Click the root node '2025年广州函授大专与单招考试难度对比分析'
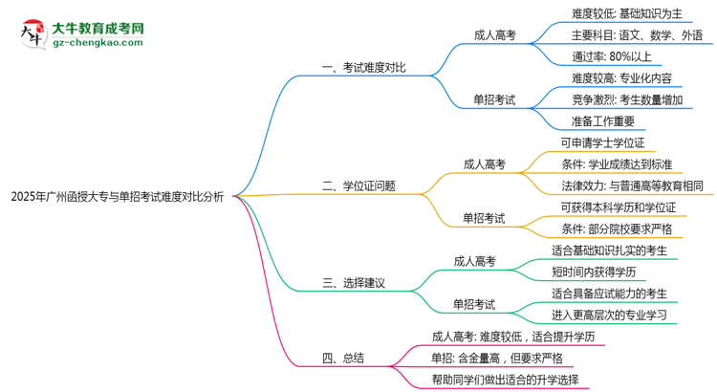pyautogui.click(x=117, y=198)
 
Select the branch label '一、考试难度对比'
pyautogui.click(x=363, y=67)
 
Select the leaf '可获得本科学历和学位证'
pyautogui.click(x=618, y=207)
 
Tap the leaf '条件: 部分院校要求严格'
pyautogui.click(x=617, y=229)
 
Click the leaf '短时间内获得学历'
pyautogui.click(x=600, y=272)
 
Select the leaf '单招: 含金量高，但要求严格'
pyautogui.click(x=497, y=358)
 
